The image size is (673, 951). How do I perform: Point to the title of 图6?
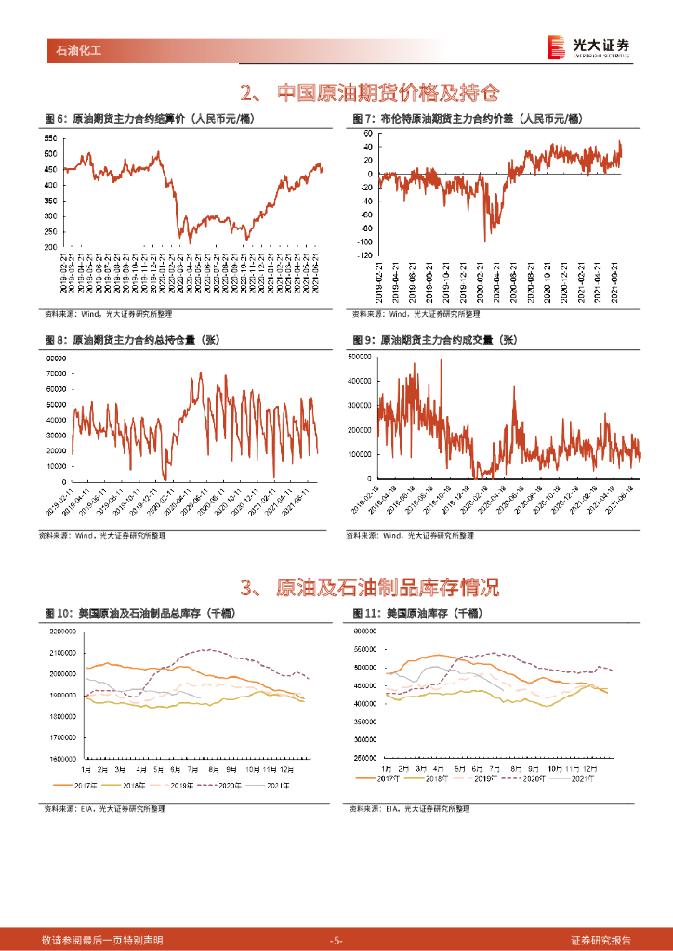click(150, 120)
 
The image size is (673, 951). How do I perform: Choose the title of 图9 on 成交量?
click(434, 340)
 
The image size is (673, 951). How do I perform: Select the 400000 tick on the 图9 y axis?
click(359, 381)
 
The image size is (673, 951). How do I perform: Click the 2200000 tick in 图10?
click(63, 631)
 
